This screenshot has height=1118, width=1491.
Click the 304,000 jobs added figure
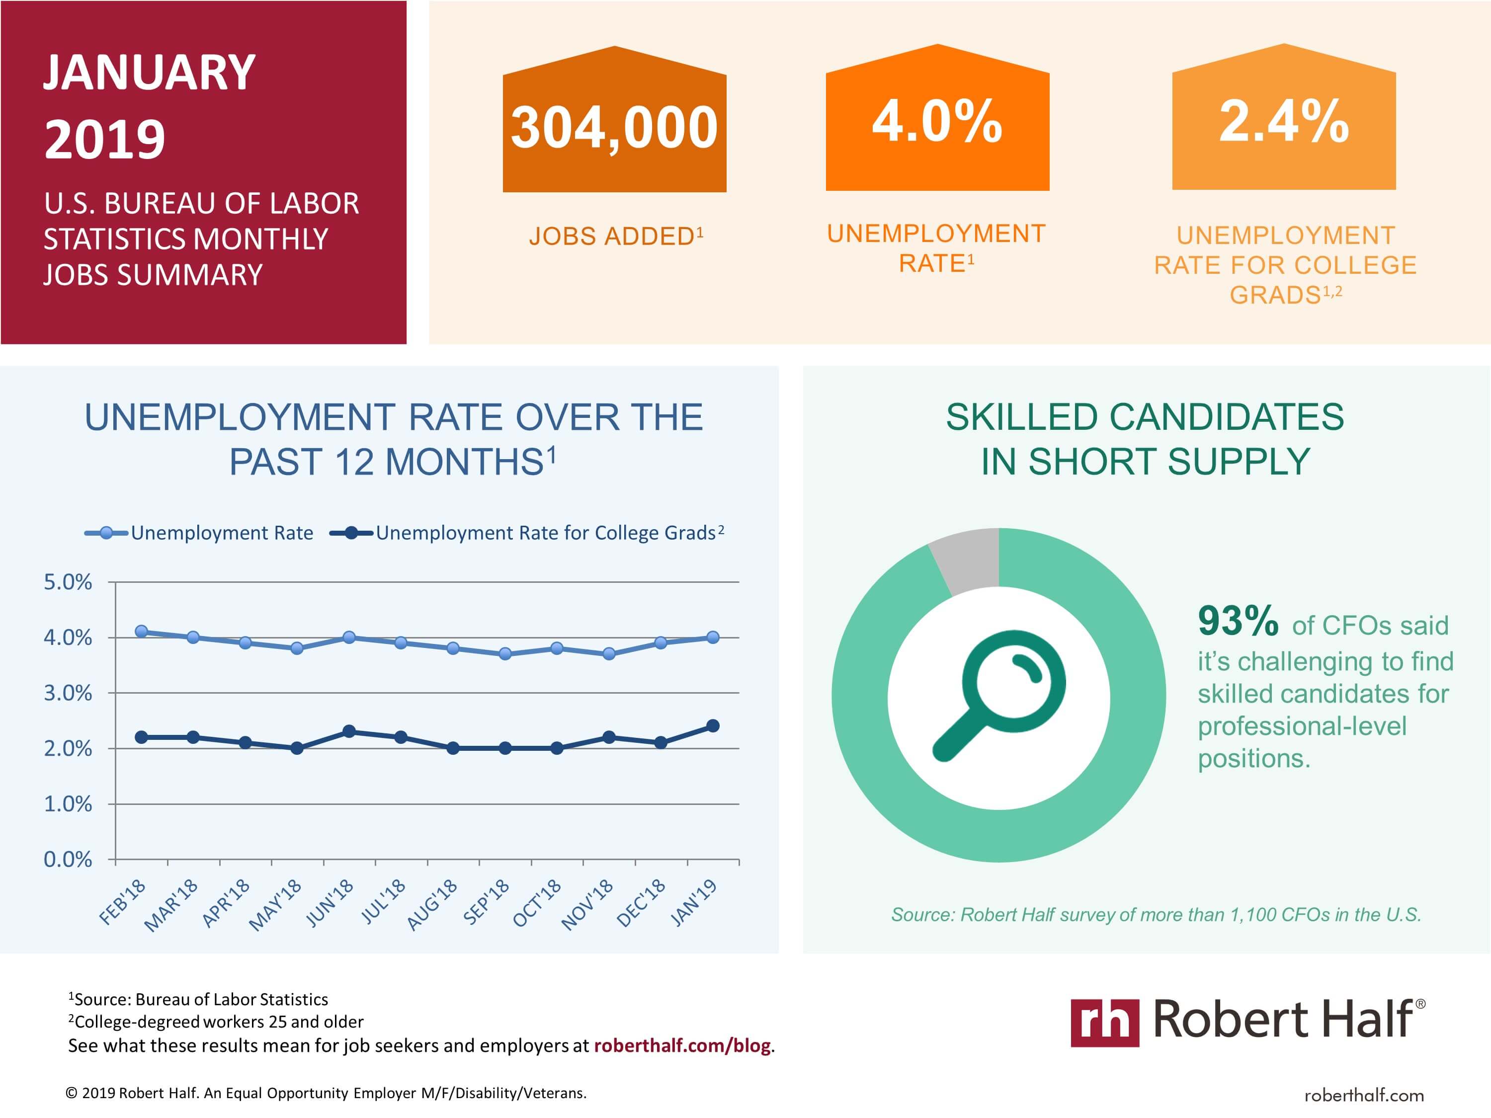[614, 128]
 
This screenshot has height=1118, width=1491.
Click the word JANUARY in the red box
[149, 72]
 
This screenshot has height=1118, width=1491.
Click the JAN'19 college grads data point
[713, 726]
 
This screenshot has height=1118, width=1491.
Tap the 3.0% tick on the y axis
[68, 693]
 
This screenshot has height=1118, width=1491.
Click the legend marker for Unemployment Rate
[106, 533]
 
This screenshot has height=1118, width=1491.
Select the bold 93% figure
[1238, 621]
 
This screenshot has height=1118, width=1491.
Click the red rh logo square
[1105, 1022]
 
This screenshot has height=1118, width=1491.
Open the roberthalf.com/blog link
[682, 1045]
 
